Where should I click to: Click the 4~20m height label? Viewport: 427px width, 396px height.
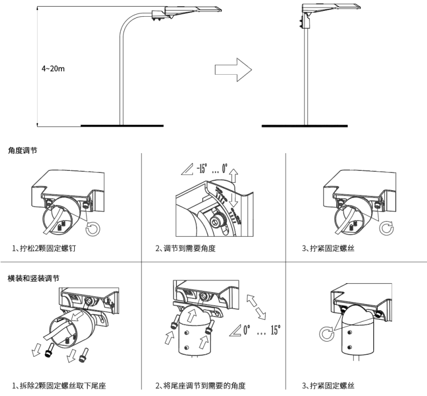click(54, 68)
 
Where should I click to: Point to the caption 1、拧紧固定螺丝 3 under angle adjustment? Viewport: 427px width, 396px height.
click(328, 248)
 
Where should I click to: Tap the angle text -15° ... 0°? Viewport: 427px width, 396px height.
click(207, 169)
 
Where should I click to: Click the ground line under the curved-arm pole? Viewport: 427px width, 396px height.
click(122, 126)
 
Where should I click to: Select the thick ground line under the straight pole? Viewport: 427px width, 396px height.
click(304, 126)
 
